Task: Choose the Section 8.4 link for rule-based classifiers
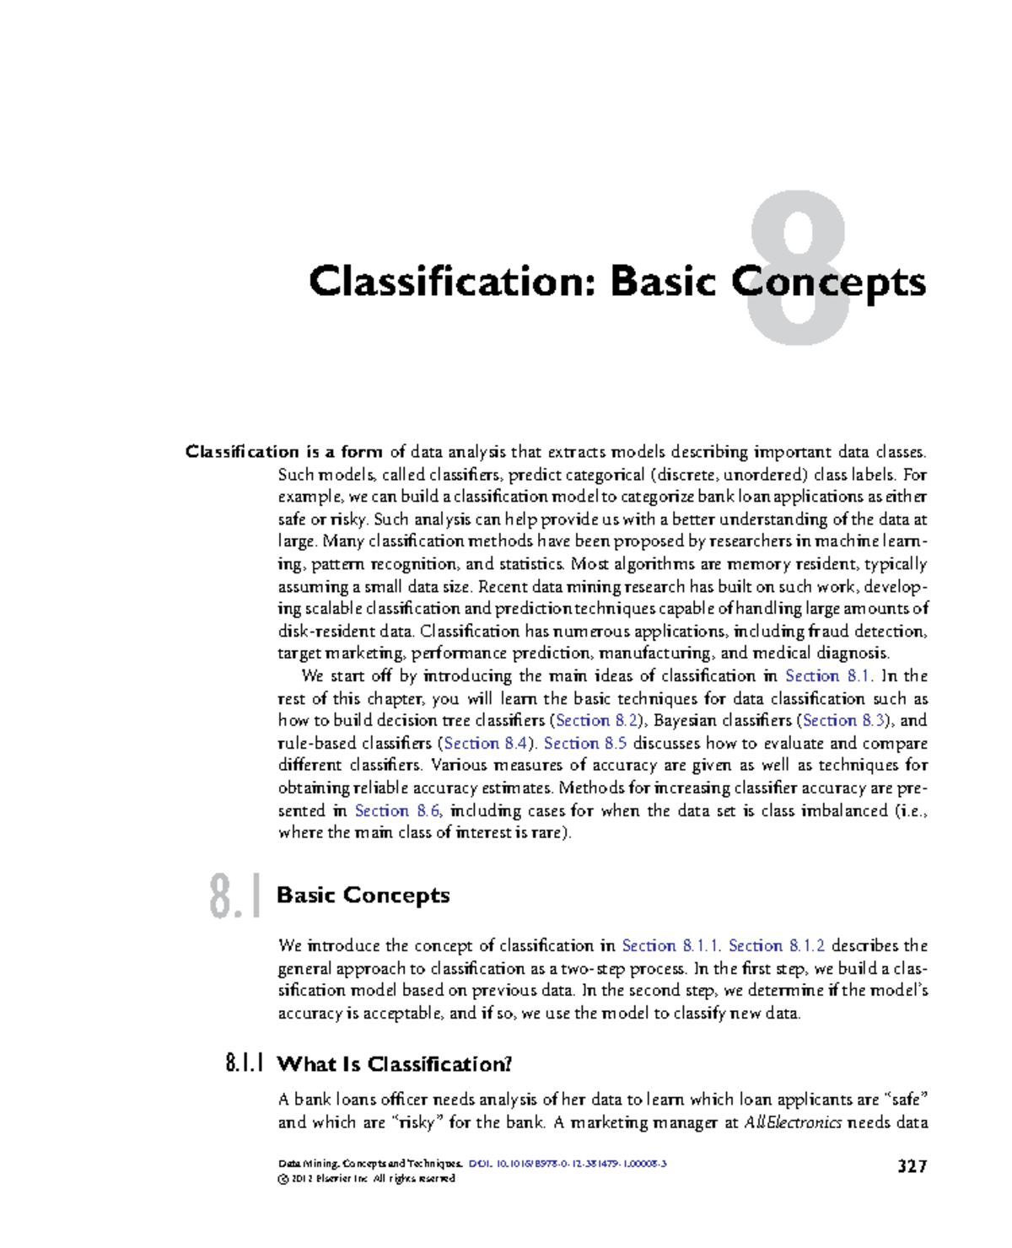[x=485, y=744]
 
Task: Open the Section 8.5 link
[x=585, y=744]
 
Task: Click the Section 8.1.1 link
[x=670, y=946]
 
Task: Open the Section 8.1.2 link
[x=777, y=946]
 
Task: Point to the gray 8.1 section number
[x=233, y=896]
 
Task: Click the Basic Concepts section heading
[x=363, y=896]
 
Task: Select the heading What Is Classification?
[x=394, y=1064]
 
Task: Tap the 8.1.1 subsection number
[x=245, y=1064]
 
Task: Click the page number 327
[x=912, y=1166]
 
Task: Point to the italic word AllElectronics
[x=793, y=1123]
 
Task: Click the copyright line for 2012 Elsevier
[x=367, y=1179]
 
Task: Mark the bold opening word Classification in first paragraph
[x=242, y=452]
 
